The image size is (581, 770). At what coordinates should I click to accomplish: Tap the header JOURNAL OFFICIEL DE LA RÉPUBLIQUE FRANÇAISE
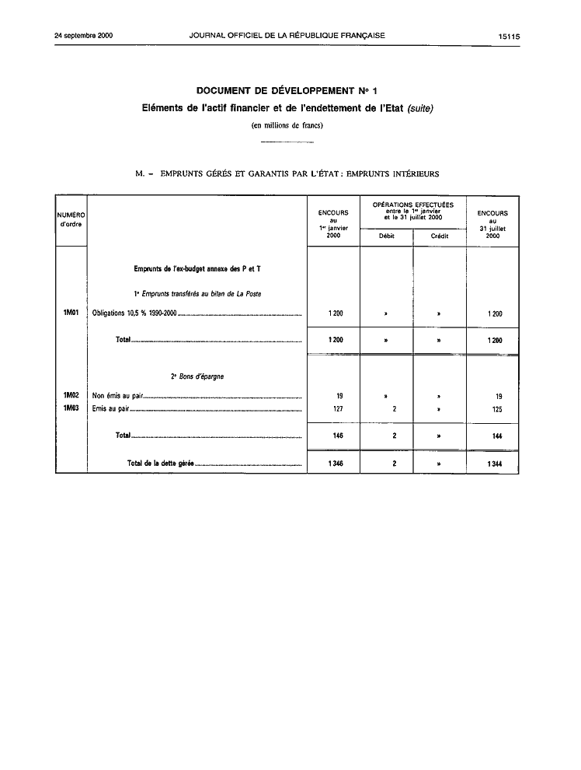click(287, 36)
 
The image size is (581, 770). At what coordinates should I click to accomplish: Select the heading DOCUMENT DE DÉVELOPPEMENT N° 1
click(287, 93)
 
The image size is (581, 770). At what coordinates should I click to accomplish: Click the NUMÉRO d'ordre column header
click(71, 219)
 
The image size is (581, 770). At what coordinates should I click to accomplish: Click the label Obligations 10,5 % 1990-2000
click(134, 314)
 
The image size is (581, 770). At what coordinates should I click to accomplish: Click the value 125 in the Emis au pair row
click(493, 408)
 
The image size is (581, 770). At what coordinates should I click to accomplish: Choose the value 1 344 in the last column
click(492, 464)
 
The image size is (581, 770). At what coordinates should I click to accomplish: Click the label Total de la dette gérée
click(160, 464)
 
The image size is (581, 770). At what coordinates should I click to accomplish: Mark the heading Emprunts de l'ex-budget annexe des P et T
click(197, 269)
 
